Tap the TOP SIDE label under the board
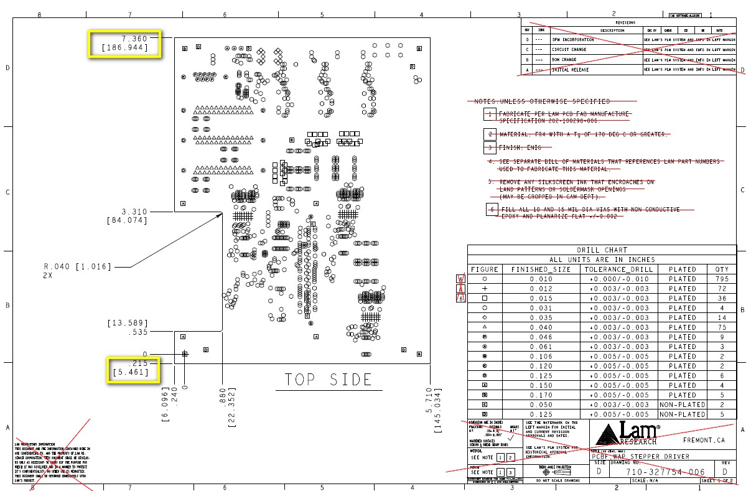329,380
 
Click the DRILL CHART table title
602,250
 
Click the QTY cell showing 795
722,279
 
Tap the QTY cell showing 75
722,327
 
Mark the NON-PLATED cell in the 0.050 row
683,404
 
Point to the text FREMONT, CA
705,440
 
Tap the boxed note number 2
490,134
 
